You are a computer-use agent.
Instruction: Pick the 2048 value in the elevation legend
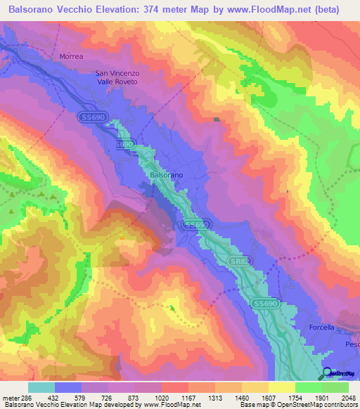pyautogui.click(x=341, y=396)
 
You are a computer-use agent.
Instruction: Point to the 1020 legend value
pyautogui.click(x=162, y=396)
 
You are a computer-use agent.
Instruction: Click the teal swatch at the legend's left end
pyautogui.click(x=41, y=387)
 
